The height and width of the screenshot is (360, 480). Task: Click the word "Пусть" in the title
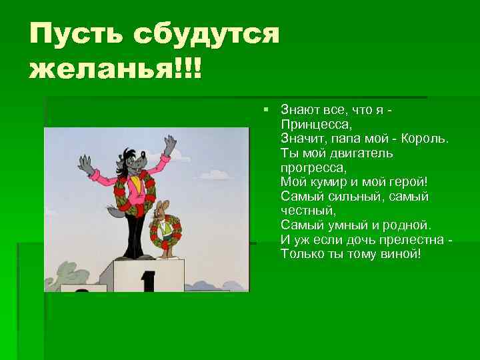[75, 33]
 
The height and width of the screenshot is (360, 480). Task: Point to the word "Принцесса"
[313, 124]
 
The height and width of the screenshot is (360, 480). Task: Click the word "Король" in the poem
[424, 139]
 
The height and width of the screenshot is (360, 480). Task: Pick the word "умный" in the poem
[341, 225]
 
